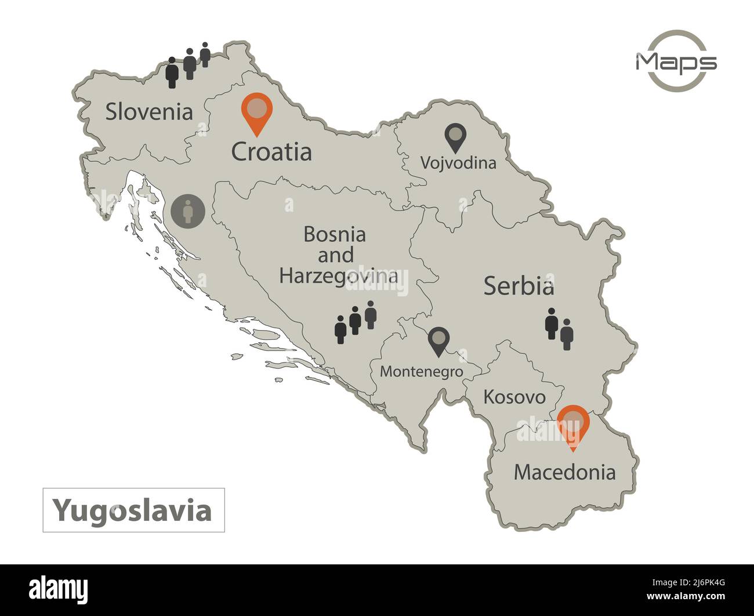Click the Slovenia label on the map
(149, 112)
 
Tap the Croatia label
(271, 152)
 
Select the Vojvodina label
(458, 163)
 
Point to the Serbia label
(519, 286)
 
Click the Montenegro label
(422, 372)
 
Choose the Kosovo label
(514, 397)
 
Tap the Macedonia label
(564, 472)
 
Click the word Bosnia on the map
(335, 235)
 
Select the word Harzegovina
(339, 276)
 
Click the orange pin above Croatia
(256, 112)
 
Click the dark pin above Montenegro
(439, 341)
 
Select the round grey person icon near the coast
(188, 210)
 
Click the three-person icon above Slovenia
(188, 64)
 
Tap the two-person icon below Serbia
(559, 329)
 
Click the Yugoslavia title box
(133, 510)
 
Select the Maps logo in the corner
(676, 61)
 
